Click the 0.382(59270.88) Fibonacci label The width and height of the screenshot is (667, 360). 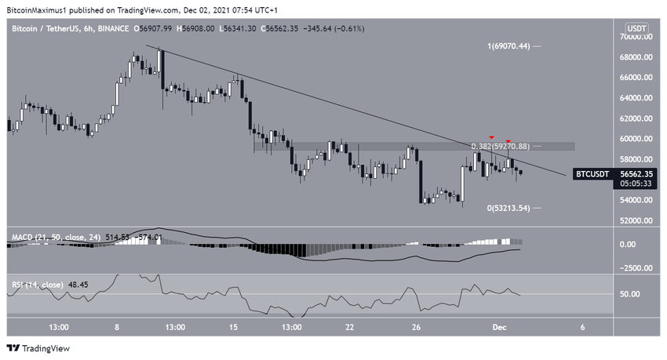click(502, 146)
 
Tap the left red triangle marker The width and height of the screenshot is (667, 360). click(491, 137)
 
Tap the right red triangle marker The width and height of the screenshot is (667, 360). click(508, 140)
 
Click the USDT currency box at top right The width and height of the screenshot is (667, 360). click(638, 28)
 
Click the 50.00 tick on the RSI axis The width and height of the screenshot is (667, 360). click(632, 294)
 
